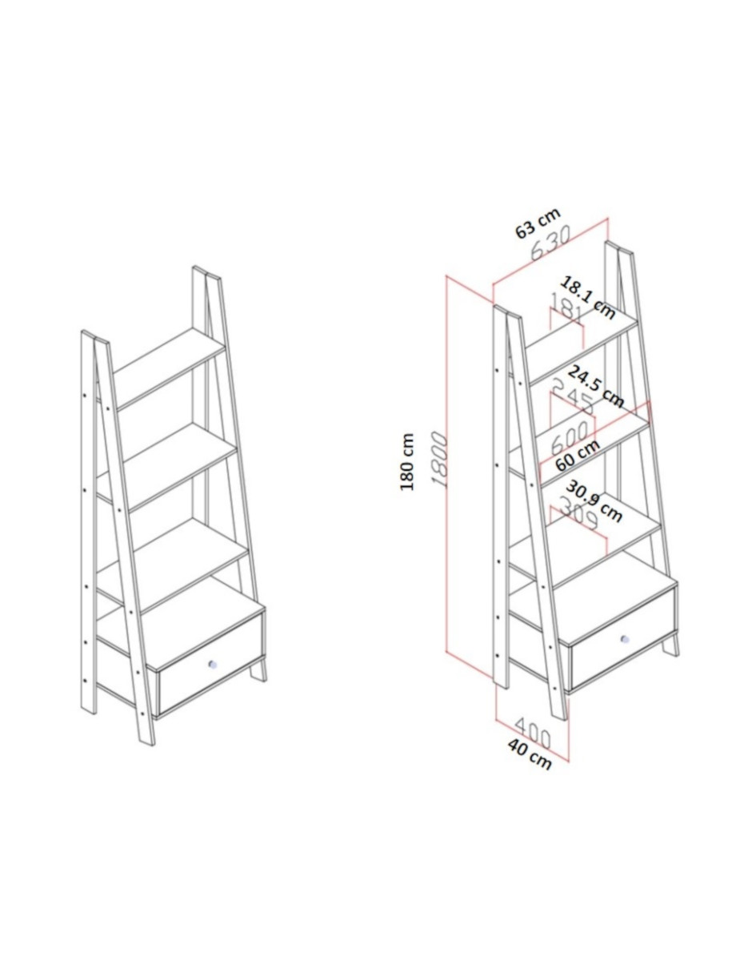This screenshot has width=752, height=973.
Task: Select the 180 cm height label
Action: tap(406, 461)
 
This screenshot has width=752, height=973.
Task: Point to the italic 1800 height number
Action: tap(440, 459)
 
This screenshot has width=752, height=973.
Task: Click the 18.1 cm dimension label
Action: tap(587, 298)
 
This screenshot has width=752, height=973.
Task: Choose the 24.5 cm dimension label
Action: tap(594, 388)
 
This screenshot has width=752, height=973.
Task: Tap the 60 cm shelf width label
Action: tap(577, 455)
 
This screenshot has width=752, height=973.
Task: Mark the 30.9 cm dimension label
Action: tap(594, 501)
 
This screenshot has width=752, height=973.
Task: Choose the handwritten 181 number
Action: tap(566, 308)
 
